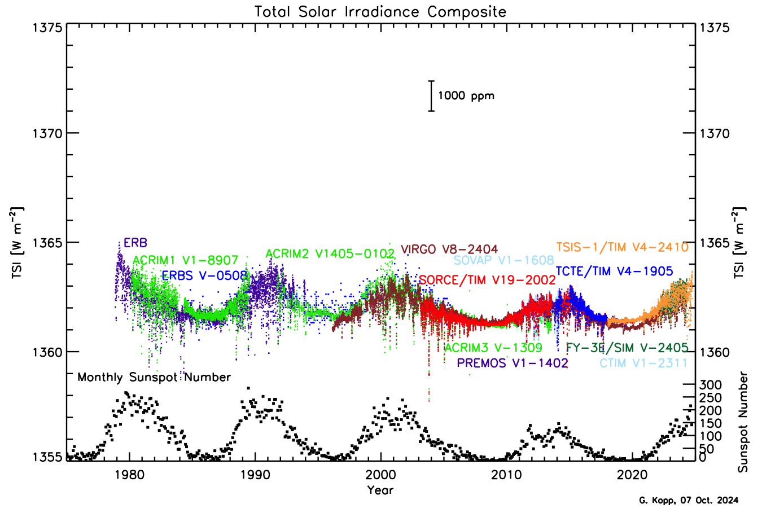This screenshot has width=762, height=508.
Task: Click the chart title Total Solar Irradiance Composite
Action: pyautogui.click(x=380, y=12)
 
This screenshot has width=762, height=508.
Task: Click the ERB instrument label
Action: pyautogui.click(x=135, y=243)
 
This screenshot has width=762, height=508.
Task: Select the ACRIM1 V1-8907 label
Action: pyautogui.click(x=185, y=260)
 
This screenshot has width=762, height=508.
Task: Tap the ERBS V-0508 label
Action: pyautogui.click(x=205, y=275)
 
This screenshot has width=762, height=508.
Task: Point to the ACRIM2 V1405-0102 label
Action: pyautogui.click(x=330, y=253)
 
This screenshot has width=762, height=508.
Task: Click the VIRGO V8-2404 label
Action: pyautogui.click(x=449, y=249)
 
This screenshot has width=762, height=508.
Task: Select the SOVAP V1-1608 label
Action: pyautogui.click(x=503, y=260)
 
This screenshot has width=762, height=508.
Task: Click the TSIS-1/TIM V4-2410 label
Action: pyautogui.click(x=622, y=247)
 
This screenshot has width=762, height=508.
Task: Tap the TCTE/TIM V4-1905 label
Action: pyautogui.click(x=614, y=271)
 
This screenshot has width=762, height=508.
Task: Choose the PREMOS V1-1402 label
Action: pyautogui.click(x=512, y=363)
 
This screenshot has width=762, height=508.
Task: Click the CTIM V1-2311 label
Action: pyautogui.click(x=643, y=363)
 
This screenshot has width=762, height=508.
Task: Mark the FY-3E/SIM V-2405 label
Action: pyautogui.click(x=627, y=348)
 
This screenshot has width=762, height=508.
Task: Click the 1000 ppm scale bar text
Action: pyautogui.click(x=466, y=95)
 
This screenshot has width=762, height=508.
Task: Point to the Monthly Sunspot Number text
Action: pyautogui.click(x=154, y=377)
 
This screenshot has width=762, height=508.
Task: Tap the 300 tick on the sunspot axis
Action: pyautogui.click(x=710, y=384)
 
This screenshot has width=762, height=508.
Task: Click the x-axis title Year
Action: pyautogui.click(x=380, y=489)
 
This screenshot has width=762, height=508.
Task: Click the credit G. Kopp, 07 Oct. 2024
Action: pyautogui.click(x=688, y=500)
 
